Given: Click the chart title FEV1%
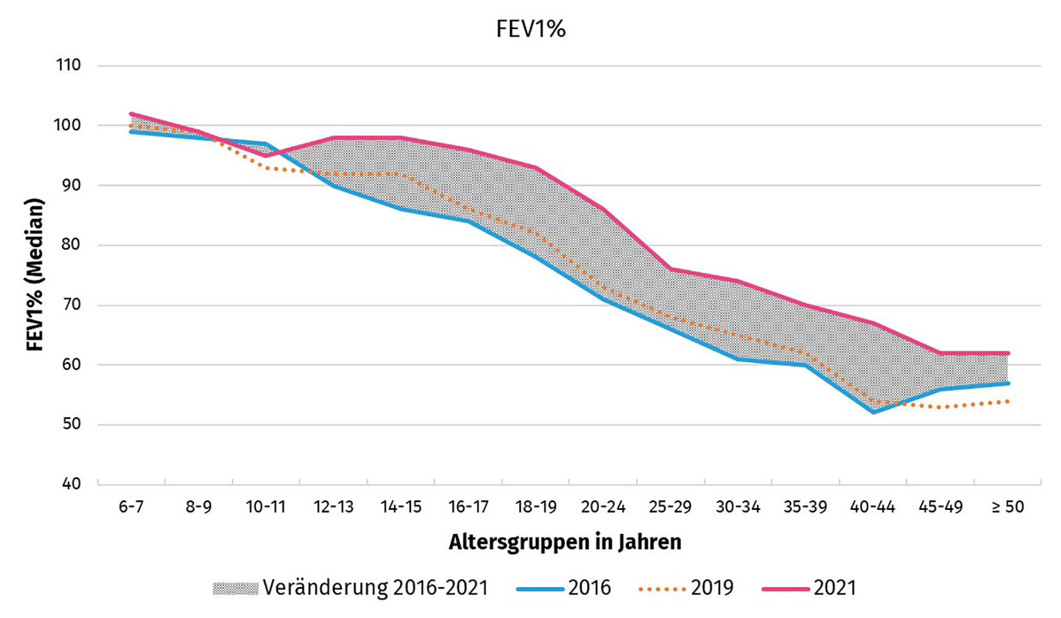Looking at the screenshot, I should (x=530, y=29).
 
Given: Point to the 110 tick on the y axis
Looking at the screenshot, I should (x=68, y=66).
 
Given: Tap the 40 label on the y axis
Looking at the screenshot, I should (x=71, y=484).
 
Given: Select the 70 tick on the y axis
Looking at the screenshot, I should (x=70, y=305).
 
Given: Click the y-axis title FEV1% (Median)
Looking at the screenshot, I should (x=35, y=274).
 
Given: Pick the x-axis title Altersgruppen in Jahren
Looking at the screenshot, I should (x=565, y=542).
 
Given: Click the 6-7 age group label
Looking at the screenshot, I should (x=131, y=507).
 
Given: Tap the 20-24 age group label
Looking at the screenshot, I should (x=603, y=507).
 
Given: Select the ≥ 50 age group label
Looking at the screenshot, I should (x=1008, y=507).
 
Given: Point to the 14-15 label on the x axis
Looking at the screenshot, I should (x=401, y=507).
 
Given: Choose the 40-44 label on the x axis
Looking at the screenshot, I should (x=873, y=507).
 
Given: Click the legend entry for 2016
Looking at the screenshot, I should (x=590, y=588).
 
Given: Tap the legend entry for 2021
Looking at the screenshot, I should (x=835, y=588).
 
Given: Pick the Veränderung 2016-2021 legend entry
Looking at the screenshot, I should (x=375, y=588).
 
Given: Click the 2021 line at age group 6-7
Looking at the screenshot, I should (x=131, y=114).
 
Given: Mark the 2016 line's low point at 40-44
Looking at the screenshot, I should (x=873, y=412).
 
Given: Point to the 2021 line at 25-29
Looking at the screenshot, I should (x=670, y=269).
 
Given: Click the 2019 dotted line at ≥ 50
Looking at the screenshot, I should (x=1008, y=401).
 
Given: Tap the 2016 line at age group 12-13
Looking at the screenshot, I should (x=334, y=185).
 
